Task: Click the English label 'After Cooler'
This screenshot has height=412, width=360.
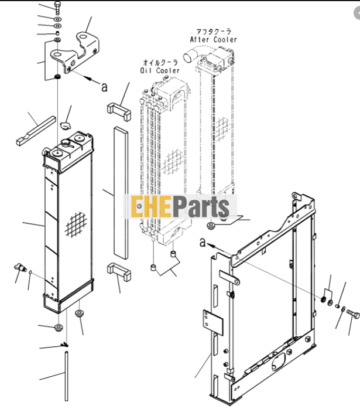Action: [x=214, y=40]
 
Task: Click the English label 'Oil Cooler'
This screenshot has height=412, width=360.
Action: [x=154, y=69]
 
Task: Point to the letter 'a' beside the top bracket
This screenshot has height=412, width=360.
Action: [x=105, y=87]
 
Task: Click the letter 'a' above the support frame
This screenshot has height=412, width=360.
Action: [x=203, y=242]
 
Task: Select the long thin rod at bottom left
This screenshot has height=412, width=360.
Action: [x=66, y=375]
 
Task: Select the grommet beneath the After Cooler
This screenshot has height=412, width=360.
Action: [x=212, y=226]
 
